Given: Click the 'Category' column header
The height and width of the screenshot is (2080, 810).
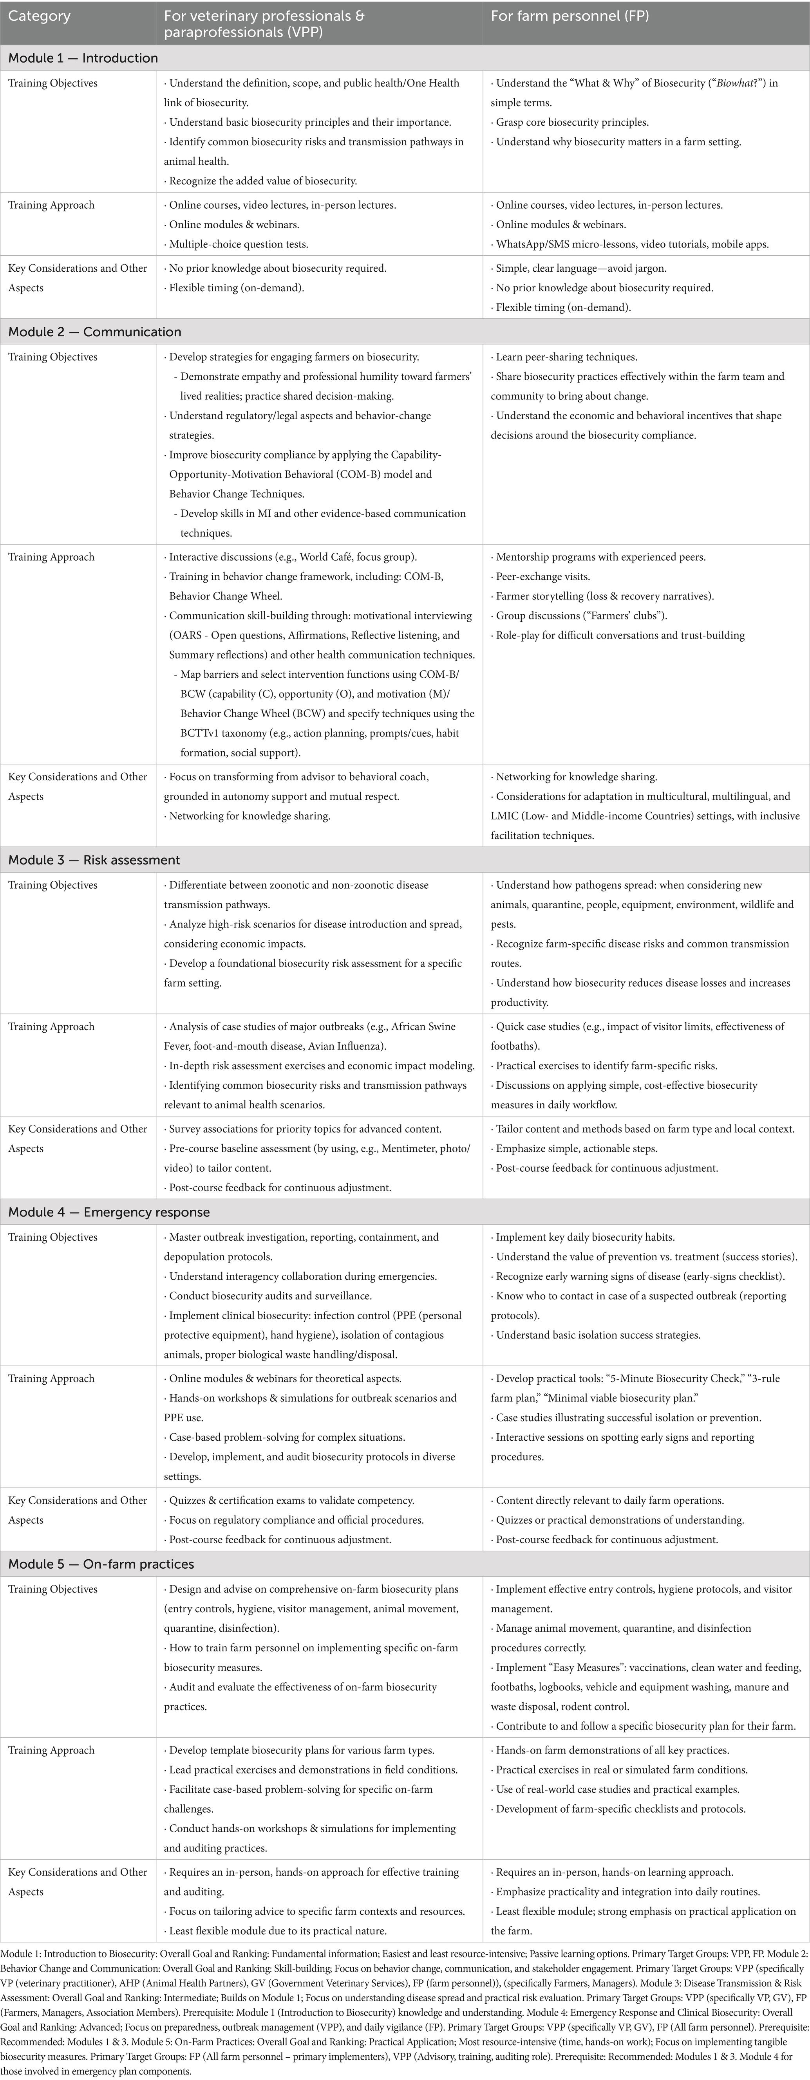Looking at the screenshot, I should coord(39,16).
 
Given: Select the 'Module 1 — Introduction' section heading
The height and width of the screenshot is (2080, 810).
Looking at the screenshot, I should coord(83,58).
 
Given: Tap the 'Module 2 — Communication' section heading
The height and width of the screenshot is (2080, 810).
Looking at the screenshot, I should coord(94,332).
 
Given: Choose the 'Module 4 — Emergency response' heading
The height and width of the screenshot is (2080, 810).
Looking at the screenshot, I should coord(109,1212).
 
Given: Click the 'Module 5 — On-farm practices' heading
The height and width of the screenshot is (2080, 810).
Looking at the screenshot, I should coord(101,1564).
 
